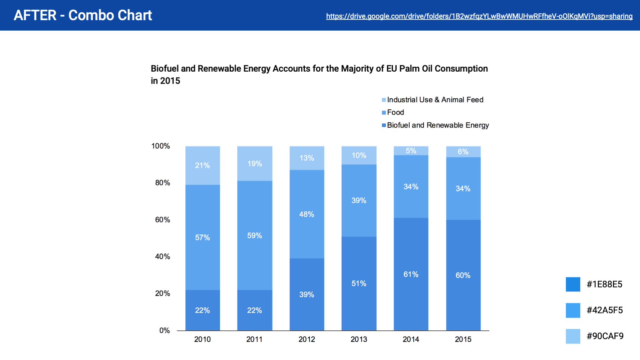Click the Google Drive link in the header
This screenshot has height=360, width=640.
(479, 16)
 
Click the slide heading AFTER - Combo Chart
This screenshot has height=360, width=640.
(83, 15)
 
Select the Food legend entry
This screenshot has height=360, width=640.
(395, 112)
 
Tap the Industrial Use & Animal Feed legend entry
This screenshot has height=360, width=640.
(435, 100)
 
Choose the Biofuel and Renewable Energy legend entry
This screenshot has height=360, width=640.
(438, 125)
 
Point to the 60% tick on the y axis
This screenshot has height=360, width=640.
(162, 220)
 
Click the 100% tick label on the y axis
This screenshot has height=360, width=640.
(161, 146)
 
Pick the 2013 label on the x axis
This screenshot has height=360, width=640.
(359, 339)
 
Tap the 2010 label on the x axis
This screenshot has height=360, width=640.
(202, 339)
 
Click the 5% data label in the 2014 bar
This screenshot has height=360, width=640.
(411, 151)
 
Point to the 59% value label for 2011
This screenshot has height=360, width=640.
(254, 236)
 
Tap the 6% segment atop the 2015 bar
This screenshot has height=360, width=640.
(463, 152)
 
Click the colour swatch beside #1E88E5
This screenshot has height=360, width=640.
(573, 284)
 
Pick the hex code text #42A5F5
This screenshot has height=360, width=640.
(605, 310)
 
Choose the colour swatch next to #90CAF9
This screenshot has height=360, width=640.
(573, 336)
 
